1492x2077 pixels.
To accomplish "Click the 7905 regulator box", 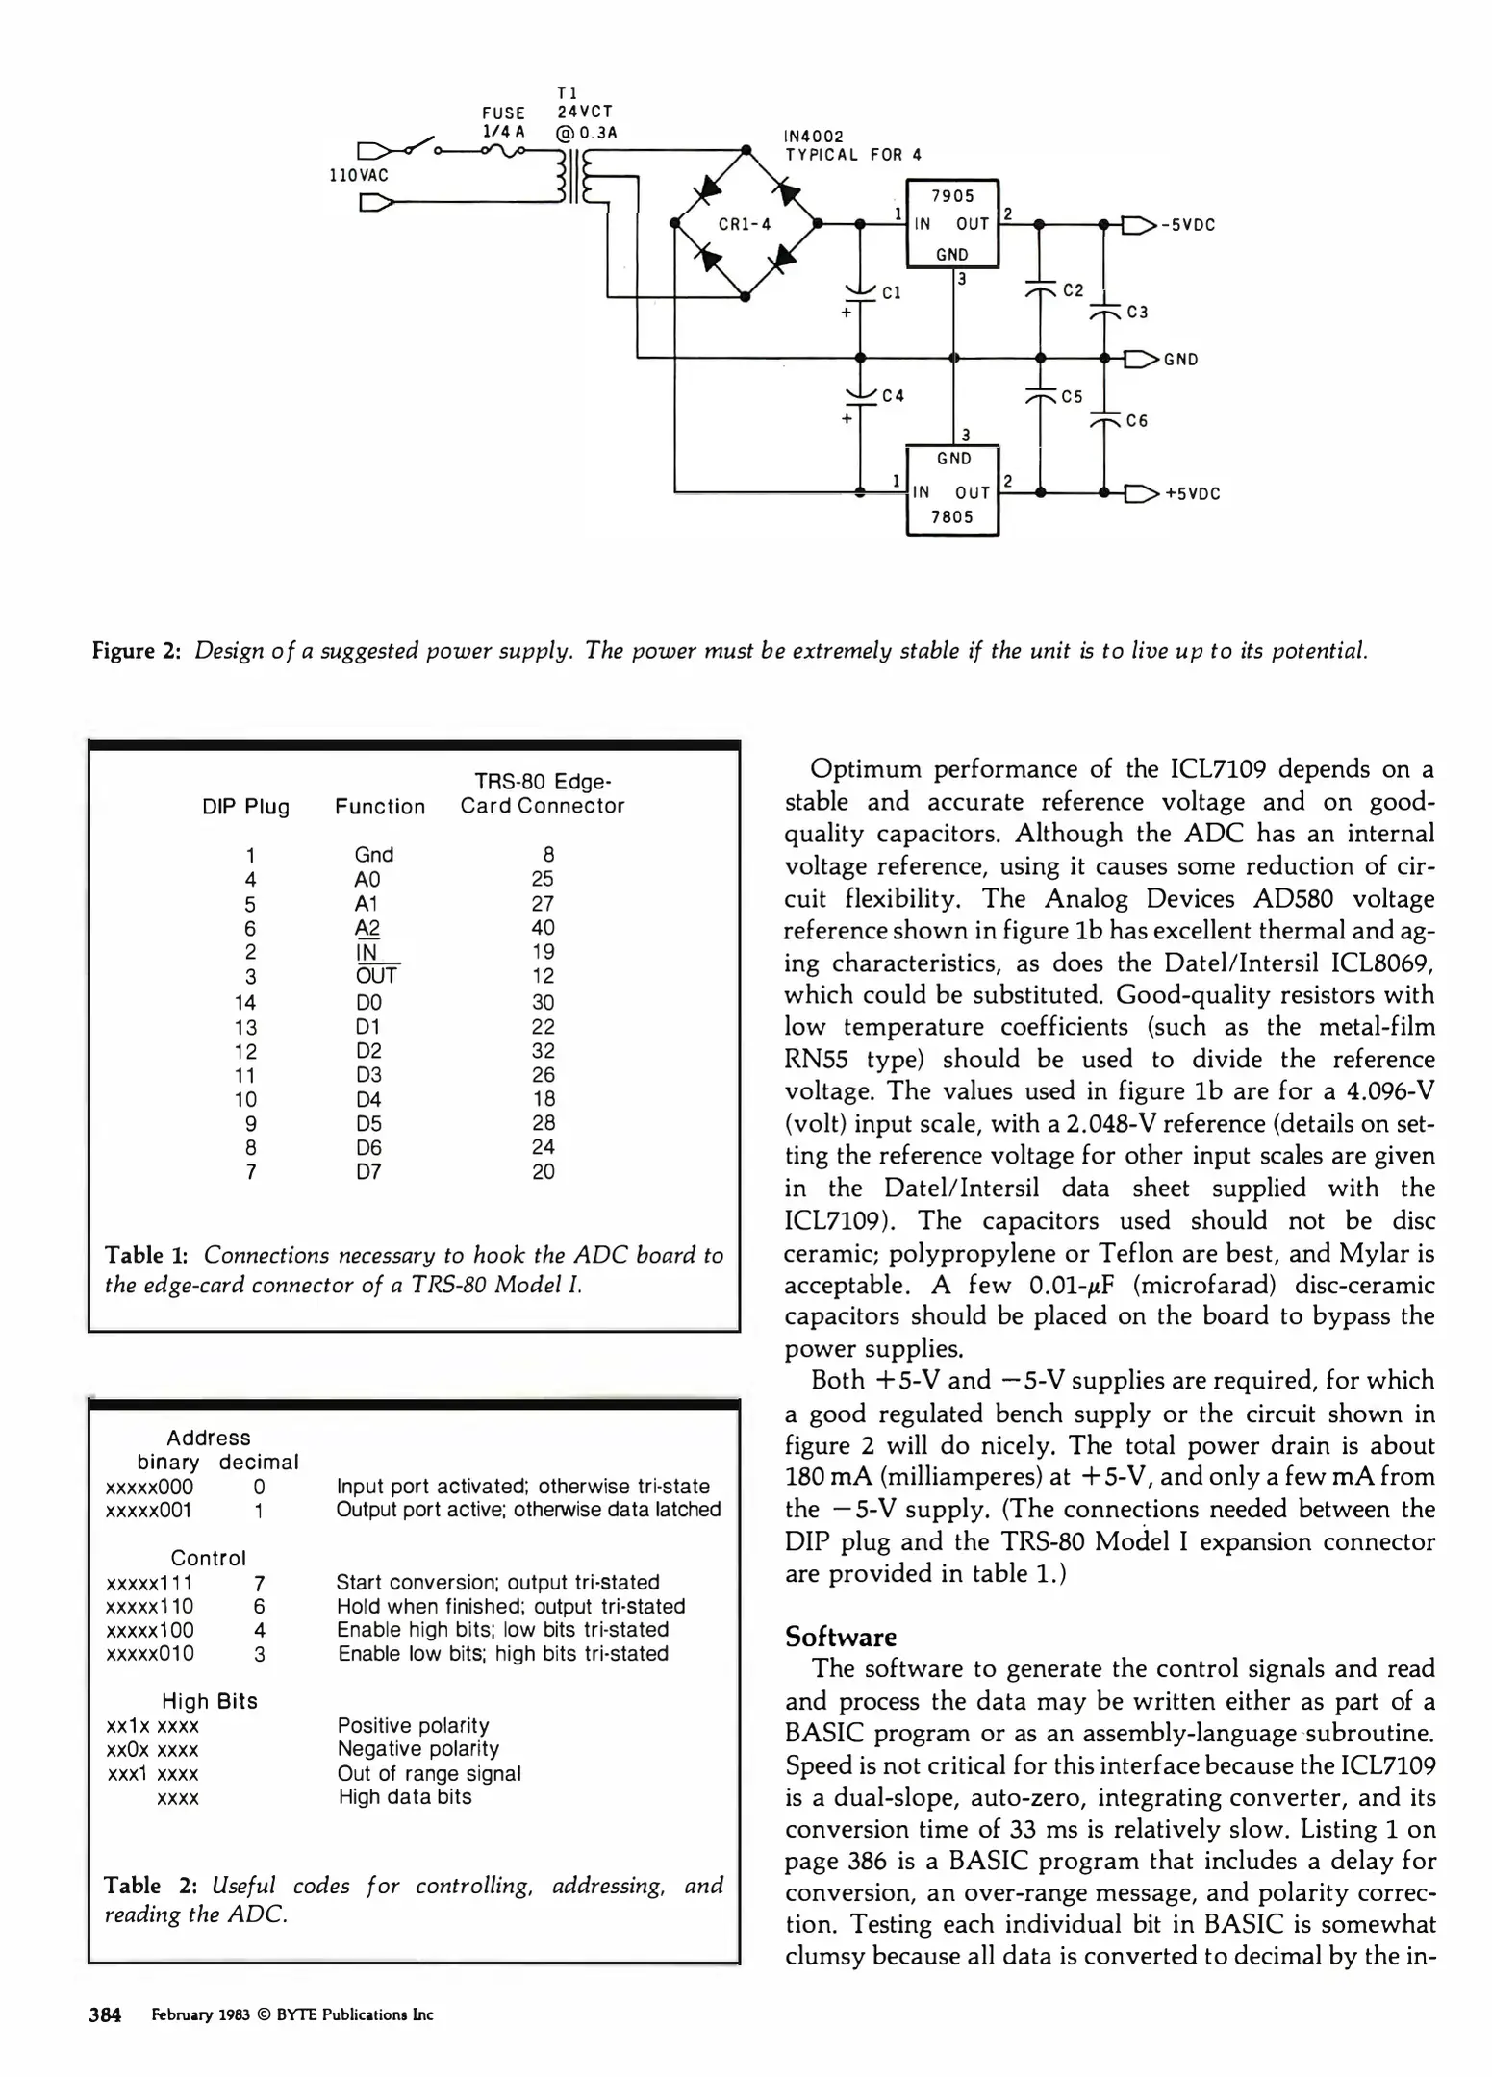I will click(x=952, y=223).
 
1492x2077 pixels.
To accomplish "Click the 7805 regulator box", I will click(x=952, y=490).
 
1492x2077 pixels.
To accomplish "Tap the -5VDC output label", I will click(x=1189, y=225).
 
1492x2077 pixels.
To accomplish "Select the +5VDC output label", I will click(x=1192, y=494).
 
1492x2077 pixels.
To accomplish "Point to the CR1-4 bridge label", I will click(x=745, y=225).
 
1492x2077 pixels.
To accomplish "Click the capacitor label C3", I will click(x=1137, y=313).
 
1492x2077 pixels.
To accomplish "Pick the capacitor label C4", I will click(x=893, y=396).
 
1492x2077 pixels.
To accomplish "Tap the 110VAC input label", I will click(x=359, y=176).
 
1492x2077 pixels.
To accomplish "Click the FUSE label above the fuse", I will click(x=503, y=113).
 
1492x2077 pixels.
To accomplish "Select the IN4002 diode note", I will click(x=814, y=137).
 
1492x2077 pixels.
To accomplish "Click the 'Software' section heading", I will click(x=840, y=1637).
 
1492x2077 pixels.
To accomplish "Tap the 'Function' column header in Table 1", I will click(x=380, y=807).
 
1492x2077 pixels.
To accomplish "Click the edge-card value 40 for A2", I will click(x=543, y=928).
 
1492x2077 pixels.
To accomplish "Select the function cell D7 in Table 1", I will click(x=368, y=1172).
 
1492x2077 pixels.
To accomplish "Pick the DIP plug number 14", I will click(x=245, y=1003).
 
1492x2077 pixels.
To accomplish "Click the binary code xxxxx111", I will click(x=149, y=1583).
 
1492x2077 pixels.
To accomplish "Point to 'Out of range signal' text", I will click(x=429, y=1774).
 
